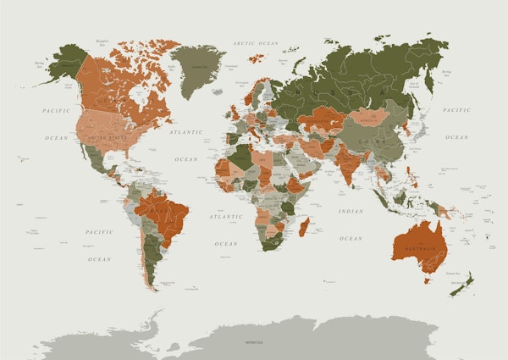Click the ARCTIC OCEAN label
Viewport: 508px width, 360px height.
(x=256, y=42)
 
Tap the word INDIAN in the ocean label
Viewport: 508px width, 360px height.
(x=350, y=211)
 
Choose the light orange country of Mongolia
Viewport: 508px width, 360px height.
(x=370, y=119)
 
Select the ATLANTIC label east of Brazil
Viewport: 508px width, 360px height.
(x=226, y=217)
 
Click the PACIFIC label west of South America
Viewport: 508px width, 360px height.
(x=99, y=232)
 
